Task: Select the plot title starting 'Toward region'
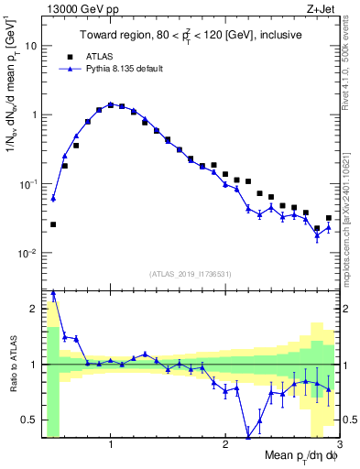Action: point(191,36)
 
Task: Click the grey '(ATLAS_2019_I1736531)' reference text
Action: point(191,273)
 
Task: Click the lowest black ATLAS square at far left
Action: point(53,224)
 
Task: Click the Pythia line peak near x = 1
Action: point(110,104)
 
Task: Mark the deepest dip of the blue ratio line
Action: point(248,436)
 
